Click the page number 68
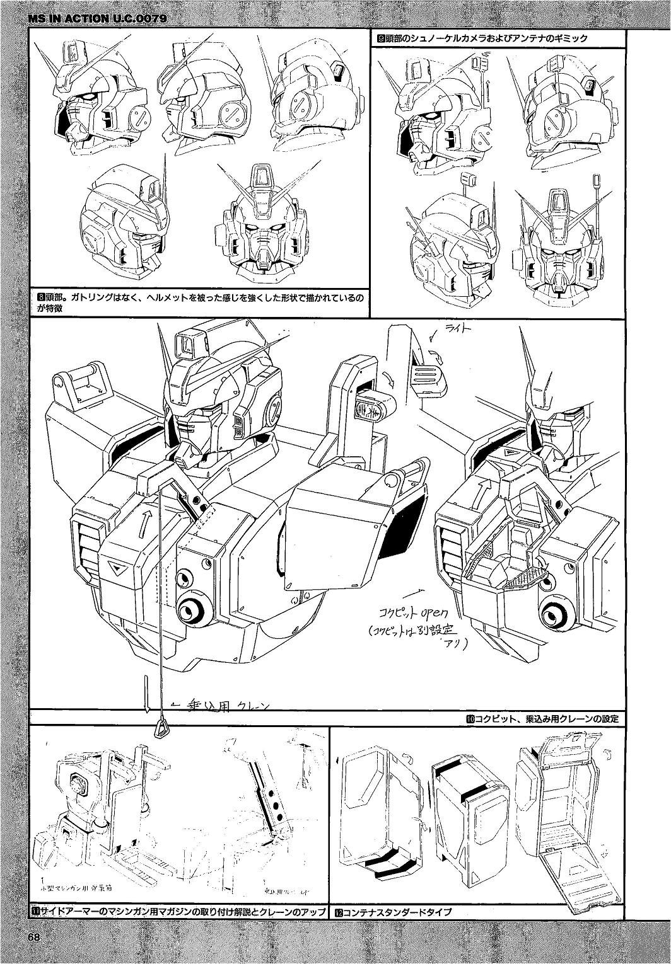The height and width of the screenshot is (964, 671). tap(34, 936)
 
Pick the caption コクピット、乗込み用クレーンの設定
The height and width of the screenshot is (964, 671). tap(542, 718)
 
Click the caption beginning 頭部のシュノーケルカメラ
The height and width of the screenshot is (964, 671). tap(482, 38)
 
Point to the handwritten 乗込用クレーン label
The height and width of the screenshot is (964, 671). tap(224, 706)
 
